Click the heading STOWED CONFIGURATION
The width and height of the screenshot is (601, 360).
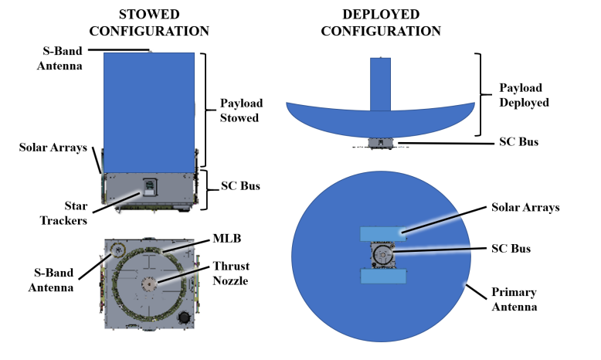point(150,22)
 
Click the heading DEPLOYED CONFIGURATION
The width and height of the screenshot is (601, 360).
point(381,22)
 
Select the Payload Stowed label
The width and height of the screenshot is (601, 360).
point(241,111)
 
